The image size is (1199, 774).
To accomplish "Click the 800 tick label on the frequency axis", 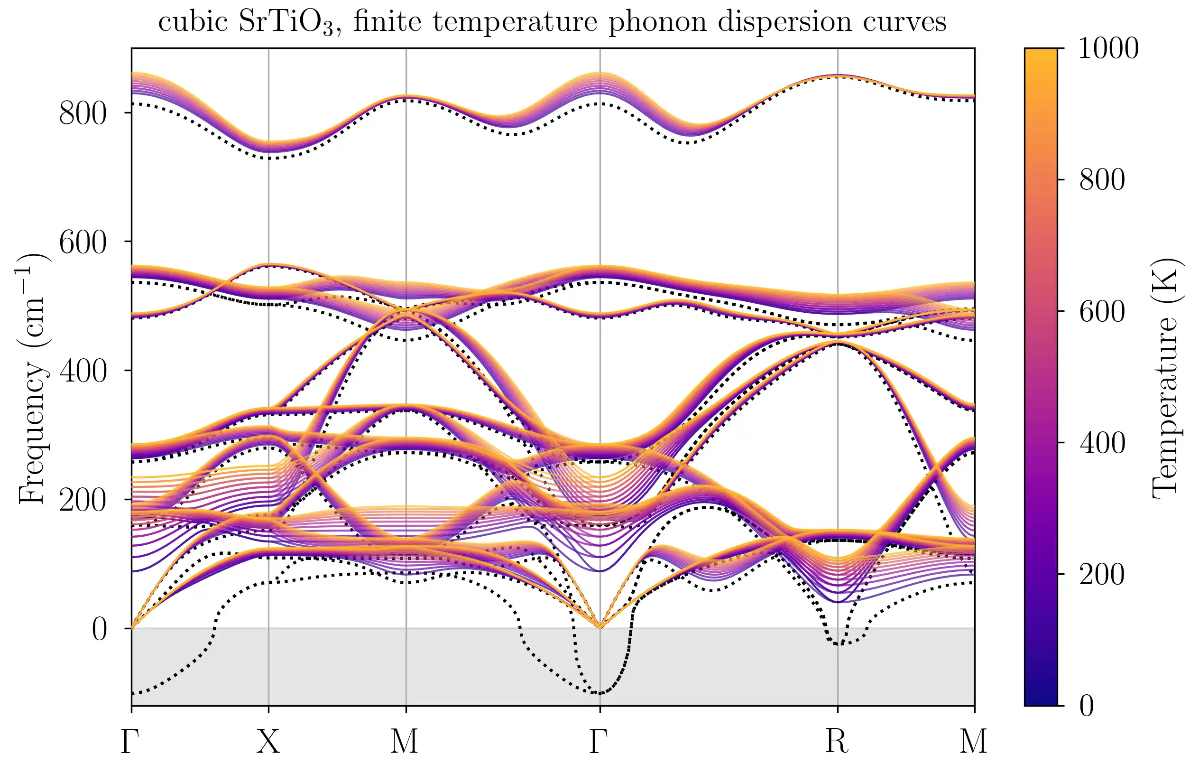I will tap(83, 113).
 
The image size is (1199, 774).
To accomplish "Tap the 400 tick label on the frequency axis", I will tap(83, 372).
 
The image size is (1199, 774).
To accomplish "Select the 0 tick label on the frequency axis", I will tap(100, 629).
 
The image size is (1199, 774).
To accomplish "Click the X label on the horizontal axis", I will tap(268, 741).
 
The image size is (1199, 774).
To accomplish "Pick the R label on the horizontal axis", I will tap(837, 741).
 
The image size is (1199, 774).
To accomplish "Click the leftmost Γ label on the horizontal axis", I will tap(130, 741).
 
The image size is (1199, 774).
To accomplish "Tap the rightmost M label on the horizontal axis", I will tap(973, 741).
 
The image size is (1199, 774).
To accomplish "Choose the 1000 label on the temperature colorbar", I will tap(1108, 49).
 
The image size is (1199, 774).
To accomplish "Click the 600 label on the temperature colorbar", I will tap(1102, 312).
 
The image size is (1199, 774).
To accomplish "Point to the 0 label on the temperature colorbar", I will tap(1087, 706).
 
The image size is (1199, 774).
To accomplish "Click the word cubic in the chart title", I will tap(193, 22).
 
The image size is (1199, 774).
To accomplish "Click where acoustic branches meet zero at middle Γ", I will tap(600, 628).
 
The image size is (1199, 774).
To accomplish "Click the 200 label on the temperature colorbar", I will tap(1102, 575).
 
